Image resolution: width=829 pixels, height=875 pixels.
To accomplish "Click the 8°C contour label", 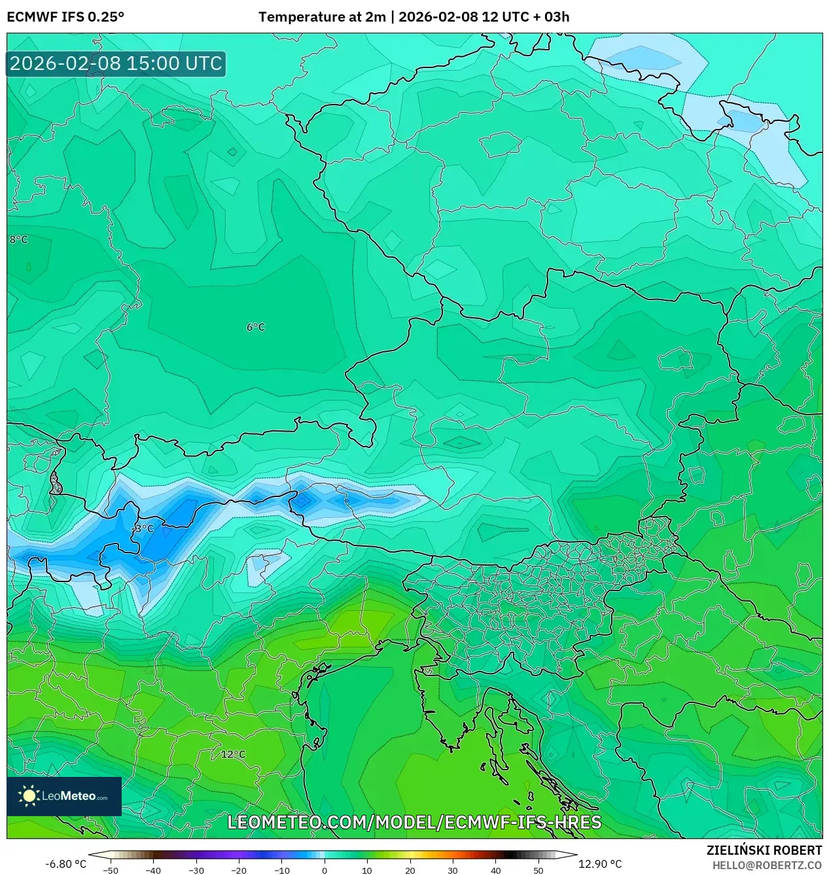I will tap(18, 240).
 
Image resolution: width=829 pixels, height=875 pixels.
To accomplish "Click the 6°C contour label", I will tap(256, 327).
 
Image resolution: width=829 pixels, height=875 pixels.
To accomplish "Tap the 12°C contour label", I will tap(233, 755).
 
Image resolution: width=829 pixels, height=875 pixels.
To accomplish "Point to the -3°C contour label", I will tap(143, 528).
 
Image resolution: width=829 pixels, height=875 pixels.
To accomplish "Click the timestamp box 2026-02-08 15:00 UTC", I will tap(116, 63).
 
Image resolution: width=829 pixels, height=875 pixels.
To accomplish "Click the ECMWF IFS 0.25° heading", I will tap(65, 17).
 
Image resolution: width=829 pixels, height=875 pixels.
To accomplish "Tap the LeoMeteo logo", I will tap(64, 796).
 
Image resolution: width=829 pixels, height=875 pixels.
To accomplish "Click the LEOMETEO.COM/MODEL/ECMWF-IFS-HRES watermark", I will tap(414, 822).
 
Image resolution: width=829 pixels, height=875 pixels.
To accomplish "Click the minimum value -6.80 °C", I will tap(65, 864).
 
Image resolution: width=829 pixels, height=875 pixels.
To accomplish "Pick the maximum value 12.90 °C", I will tap(600, 864).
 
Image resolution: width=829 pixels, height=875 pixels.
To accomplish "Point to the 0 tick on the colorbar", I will tap(325, 870).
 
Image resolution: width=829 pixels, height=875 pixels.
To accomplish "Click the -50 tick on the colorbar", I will tap(111, 870).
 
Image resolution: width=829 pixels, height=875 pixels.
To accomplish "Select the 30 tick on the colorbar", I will tap(453, 870).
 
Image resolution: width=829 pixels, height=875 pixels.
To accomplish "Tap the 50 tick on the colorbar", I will tap(538, 870).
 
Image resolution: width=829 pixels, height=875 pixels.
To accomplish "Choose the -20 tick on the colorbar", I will tap(239, 870).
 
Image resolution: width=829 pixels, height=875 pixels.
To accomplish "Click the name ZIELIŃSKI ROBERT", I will tap(764, 850).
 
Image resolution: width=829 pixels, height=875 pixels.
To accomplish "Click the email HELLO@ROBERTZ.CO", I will tap(767, 865).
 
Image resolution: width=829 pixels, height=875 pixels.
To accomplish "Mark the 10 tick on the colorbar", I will tap(367, 870).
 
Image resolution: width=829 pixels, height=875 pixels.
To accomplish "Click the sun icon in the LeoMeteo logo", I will tap(29, 796).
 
